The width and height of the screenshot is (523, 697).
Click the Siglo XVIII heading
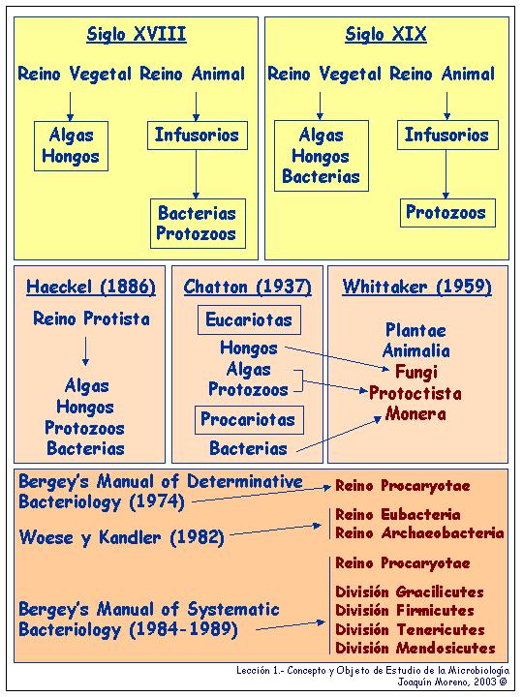(x=137, y=34)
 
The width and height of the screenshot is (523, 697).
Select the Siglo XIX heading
(x=386, y=34)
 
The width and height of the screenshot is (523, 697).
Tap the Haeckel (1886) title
(x=91, y=287)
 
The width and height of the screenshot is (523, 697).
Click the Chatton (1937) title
(x=248, y=287)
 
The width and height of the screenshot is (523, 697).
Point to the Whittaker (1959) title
(x=417, y=287)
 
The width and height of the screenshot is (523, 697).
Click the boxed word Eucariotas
(x=249, y=319)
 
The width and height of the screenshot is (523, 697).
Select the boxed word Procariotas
(x=249, y=419)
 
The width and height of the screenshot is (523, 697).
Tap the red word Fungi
(x=416, y=372)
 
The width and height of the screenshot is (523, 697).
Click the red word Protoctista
(x=415, y=393)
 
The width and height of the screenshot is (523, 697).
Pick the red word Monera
(x=415, y=414)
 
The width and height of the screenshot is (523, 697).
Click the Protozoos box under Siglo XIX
(x=447, y=213)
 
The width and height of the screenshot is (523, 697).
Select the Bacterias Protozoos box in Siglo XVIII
(x=198, y=224)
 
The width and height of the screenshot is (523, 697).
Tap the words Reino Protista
(x=91, y=318)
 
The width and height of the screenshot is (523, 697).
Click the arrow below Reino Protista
(x=85, y=351)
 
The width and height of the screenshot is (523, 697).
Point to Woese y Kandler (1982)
(x=121, y=538)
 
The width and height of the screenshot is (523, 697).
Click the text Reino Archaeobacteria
(x=419, y=533)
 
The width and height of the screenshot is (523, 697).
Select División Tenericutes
(x=410, y=629)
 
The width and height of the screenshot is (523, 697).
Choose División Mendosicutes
(x=415, y=648)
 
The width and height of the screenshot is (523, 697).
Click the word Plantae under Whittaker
(x=415, y=330)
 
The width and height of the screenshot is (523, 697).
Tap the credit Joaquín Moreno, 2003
(x=452, y=681)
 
